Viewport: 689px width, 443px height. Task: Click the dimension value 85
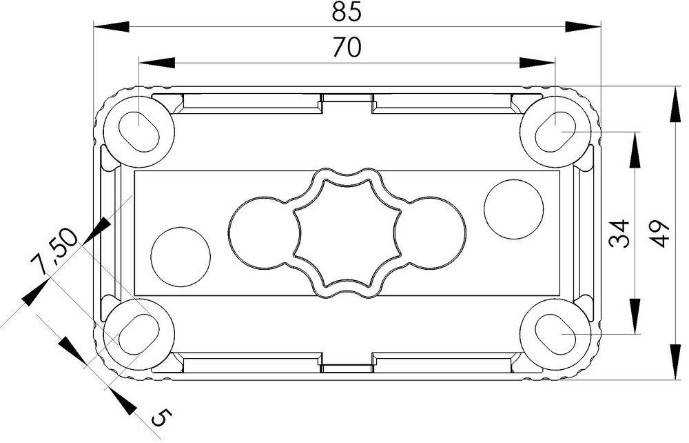[x=347, y=12]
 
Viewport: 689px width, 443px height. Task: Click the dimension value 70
[x=347, y=48]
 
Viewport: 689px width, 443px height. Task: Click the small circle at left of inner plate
[x=181, y=255]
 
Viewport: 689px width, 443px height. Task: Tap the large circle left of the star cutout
[x=256, y=231]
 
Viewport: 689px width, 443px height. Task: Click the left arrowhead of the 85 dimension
[x=110, y=27]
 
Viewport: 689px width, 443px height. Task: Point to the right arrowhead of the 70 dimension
[x=537, y=63]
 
